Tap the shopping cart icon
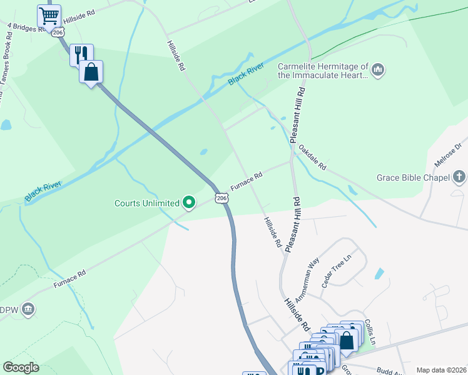click(49, 15)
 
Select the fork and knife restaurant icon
click(81, 54)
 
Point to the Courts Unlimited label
click(147, 202)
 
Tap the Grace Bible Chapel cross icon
click(459, 177)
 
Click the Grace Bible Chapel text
click(413, 178)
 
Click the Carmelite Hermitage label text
click(323, 71)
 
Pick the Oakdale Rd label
click(312, 158)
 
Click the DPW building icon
click(28, 309)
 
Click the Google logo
click(21, 367)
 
